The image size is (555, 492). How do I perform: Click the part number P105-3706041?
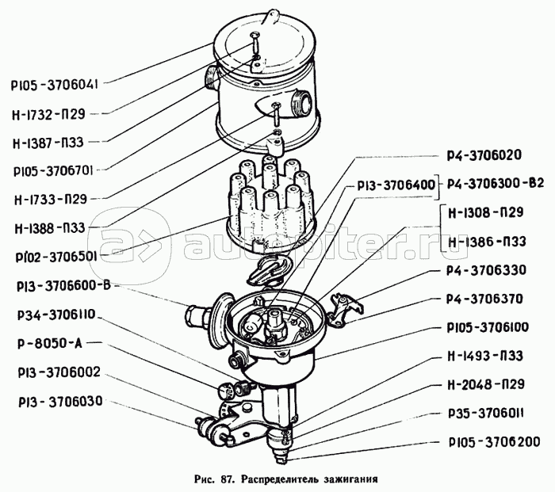coord(54,86)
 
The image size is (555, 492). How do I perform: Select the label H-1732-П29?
coord(48,114)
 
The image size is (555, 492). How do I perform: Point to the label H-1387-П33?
coord(48,142)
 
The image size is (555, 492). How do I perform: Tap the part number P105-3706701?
coord(53,171)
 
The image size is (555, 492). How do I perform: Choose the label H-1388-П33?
coord(50,228)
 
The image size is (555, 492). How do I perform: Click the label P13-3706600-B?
coord(63,286)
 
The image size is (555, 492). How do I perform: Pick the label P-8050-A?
coord(49,343)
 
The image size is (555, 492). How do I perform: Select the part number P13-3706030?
coord(60,402)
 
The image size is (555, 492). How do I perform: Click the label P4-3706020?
coord(484,154)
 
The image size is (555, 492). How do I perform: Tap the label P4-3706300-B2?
coord(496,184)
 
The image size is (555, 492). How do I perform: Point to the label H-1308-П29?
coord(485,212)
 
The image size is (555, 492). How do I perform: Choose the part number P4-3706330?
coord(486,270)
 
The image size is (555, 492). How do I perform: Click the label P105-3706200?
coord(495,442)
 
